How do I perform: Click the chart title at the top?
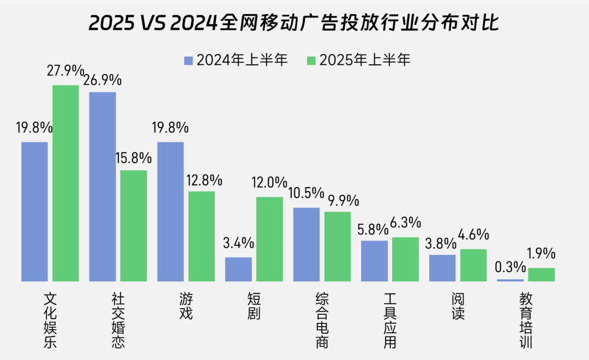pos(294,23)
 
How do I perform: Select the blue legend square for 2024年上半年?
pos(189,60)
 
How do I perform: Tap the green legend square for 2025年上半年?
pos(312,60)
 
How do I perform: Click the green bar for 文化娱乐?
pos(65,183)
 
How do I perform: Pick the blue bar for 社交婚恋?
pos(103,187)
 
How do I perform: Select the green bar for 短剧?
pos(269,239)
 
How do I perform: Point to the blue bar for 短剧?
pos(238,269)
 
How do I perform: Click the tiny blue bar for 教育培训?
pos(510,280)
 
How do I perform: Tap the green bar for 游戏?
pos(202,236)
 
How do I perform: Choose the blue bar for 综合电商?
pos(306,244)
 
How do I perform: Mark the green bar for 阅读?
pos(473,265)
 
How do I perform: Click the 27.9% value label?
pos(65,71)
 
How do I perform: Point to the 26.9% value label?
pos(103,80)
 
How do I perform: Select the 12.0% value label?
pos(269,182)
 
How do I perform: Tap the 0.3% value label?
pos(510,267)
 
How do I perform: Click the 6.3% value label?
pos(406,223)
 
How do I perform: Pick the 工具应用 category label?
pos(390,321)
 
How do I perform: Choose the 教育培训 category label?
pos(526,321)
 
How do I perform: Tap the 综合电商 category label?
pos(322,321)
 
